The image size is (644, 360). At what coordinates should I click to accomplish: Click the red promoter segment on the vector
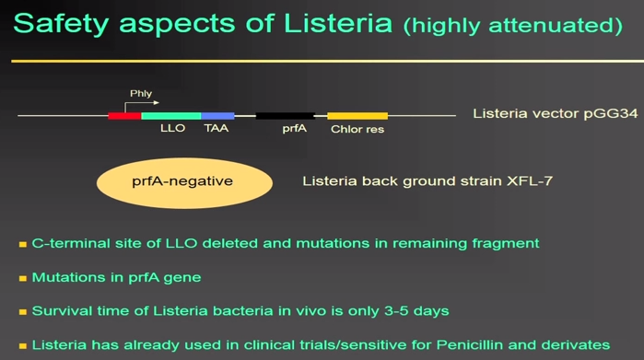(124, 116)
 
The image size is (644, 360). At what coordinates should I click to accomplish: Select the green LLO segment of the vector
(171, 116)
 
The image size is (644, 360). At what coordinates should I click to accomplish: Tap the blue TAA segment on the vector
(217, 116)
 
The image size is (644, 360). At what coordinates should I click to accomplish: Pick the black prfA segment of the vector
(286, 116)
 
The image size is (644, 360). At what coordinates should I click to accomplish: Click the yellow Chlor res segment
(357, 116)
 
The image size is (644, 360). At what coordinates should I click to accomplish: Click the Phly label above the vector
(141, 94)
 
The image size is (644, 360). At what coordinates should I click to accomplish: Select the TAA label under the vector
(216, 129)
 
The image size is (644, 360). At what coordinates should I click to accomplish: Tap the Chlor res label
(357, 129)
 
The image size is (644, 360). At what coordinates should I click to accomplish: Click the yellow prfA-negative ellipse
(184, 183)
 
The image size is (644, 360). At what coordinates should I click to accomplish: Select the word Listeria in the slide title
(338, 23)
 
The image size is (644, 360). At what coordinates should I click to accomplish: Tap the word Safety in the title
(61, 24)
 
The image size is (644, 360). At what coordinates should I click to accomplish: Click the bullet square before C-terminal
(23, 245)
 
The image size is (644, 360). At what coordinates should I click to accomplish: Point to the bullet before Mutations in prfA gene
(23, 279)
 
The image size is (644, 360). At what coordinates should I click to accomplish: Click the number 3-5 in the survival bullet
(396, 311)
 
